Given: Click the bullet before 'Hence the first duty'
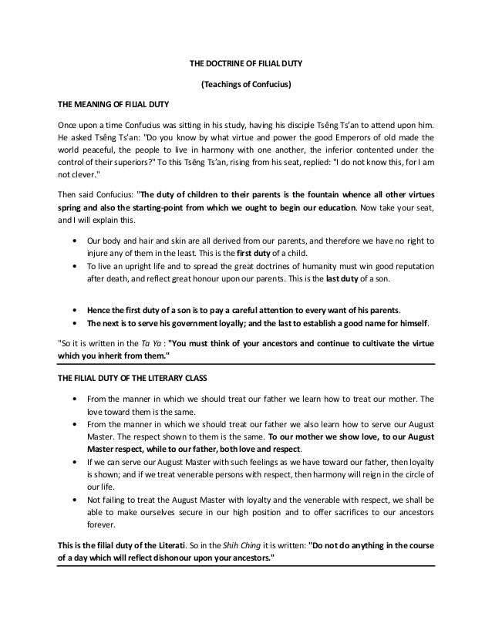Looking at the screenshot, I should click(x=72, y=308).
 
